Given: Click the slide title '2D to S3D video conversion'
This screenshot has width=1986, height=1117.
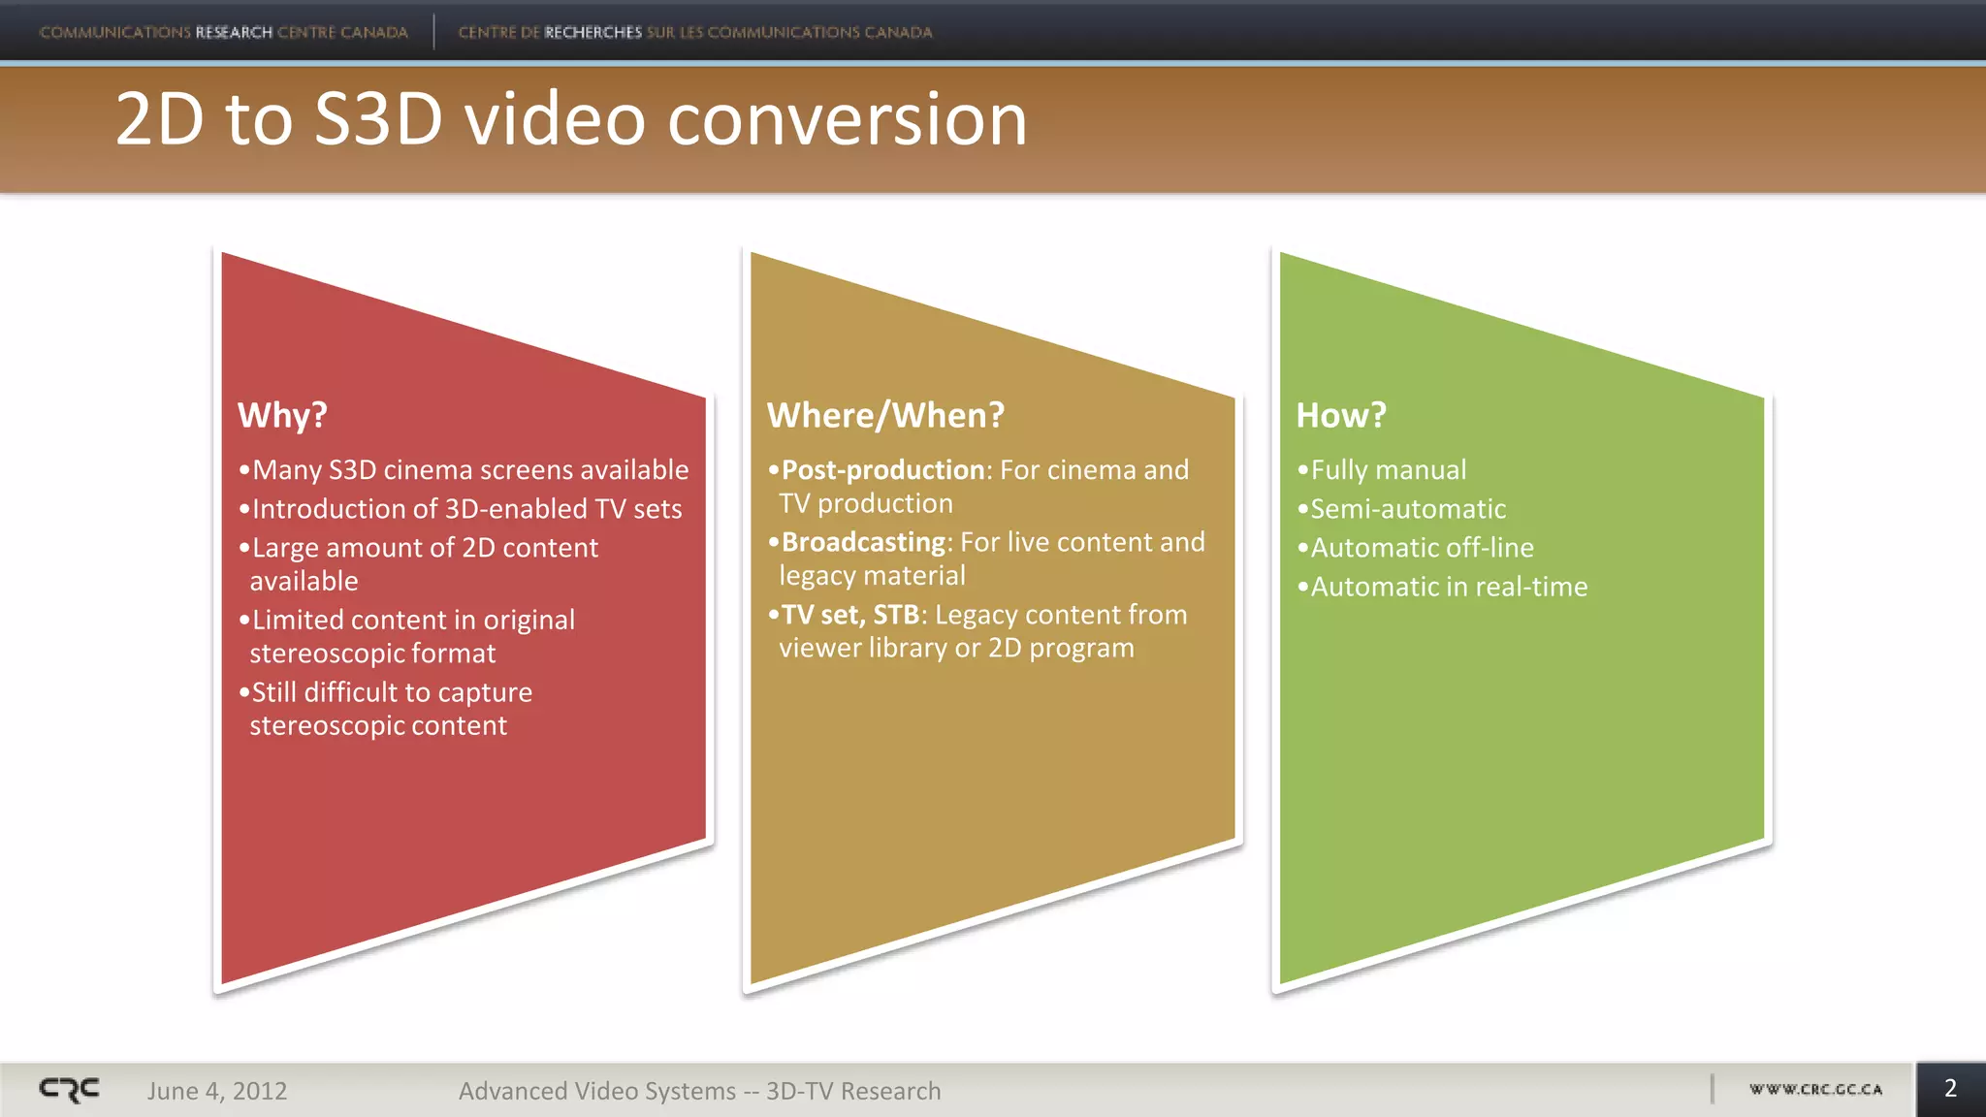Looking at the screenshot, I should (570, 119).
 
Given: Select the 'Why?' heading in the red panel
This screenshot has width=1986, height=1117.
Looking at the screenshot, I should (282, 415).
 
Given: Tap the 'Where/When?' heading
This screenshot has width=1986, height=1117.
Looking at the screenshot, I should (885, 415).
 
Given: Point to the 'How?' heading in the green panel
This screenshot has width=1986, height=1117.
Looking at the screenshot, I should (1341, 415).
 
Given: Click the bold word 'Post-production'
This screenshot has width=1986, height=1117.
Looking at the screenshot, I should (882, 470).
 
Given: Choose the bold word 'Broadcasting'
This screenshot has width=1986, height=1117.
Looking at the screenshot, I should (863, 542).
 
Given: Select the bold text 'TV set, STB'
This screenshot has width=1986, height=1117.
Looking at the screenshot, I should (849, 615).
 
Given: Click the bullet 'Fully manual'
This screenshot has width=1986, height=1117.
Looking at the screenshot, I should (1388, 470).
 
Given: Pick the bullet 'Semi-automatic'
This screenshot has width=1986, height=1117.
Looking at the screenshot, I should (1407, 509).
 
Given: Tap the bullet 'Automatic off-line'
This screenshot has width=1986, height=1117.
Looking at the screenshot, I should (1422, 548).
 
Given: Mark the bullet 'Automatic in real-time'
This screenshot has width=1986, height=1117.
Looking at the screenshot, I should (1448, 587).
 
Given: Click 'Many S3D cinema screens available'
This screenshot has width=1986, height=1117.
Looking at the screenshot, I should (469, 470).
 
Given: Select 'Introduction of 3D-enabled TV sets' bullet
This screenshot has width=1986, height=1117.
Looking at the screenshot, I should (466, 509).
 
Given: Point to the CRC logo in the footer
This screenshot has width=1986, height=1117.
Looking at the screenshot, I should (69, 1090).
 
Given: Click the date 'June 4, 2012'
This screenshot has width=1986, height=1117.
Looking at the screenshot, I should (217, 1091).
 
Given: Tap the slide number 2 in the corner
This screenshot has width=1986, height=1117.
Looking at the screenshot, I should (1950, 1088).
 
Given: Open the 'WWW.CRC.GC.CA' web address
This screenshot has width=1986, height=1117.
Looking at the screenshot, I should (1815, 1089).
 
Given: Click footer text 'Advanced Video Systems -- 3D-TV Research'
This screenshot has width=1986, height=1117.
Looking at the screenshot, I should (699, 1091).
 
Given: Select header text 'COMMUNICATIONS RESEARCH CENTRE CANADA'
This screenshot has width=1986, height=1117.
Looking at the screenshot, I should (223, 32).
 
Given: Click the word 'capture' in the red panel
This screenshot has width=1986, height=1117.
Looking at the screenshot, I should (485, 692).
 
